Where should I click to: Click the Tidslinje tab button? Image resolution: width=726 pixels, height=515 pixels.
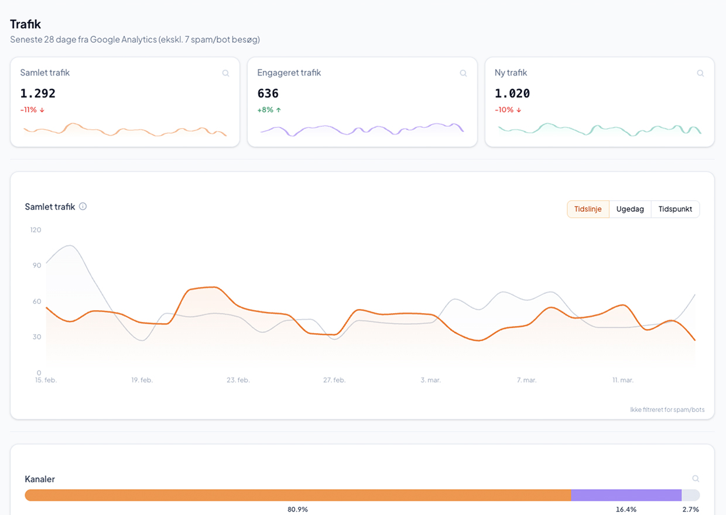click(x=588, y=209)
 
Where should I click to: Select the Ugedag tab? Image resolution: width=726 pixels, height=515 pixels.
click(x=630, y=209)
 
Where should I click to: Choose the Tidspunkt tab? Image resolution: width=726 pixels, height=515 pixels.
click(x=675, y=209)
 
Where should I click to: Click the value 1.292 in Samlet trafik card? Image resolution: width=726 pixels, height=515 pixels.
click(x=38, y=93)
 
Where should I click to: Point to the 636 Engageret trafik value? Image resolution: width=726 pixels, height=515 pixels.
click(x=268, y=93)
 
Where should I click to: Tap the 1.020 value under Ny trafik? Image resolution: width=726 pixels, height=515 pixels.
click(x=512, y=93)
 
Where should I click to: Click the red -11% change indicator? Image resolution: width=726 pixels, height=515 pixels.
click(x=32, y=110)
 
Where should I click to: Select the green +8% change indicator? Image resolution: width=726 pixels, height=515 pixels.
click(x=269, y=110)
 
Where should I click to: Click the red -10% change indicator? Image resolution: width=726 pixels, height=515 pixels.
click(x=507, y=110)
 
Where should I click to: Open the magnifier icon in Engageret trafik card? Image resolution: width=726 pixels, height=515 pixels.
click(x=463, y=73)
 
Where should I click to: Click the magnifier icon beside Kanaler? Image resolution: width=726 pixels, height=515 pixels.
click(x=696, y=479)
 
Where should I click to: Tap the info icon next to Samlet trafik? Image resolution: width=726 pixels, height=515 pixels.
click(x=83, y=206)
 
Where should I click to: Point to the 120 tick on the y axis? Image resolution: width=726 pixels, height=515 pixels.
click(x=36, y=230)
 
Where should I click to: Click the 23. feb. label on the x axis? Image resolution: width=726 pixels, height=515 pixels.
click(x=238, y=380)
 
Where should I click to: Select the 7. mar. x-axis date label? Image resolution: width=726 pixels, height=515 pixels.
click(x=526, y=380)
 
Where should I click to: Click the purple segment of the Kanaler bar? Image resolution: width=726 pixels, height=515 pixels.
click(x=626, y=495)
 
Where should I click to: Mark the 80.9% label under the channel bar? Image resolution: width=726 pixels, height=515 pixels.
click(x=297, y=509)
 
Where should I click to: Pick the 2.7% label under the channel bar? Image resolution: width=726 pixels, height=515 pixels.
click(x=690, y=509)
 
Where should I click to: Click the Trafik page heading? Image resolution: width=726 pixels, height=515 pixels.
click(x=25, y=24)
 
